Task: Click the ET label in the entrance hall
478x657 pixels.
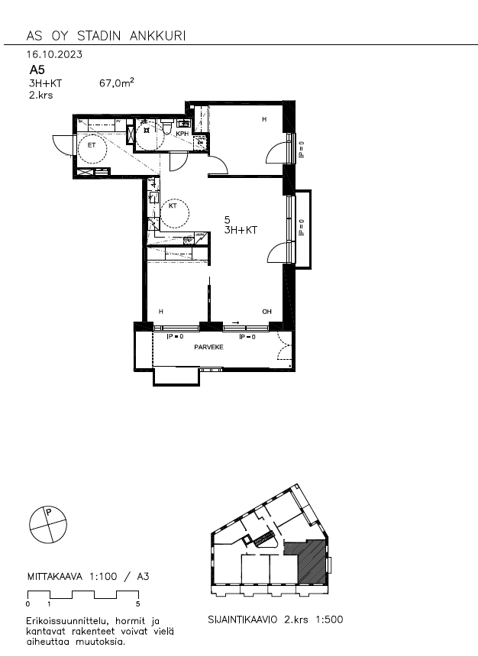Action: (x=92, y=144)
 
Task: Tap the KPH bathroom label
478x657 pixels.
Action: (x=182, y=134)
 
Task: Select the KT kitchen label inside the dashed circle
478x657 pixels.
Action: (x=173, y=206)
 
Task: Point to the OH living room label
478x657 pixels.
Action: (x=266, y=312)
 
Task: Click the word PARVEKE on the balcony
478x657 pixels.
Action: (x=208, y=346)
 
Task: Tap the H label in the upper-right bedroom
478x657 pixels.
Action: (x=265, y=120)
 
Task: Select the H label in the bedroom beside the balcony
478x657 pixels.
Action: (x=160, y=312)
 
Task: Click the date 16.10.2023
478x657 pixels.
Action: (x=54, y=54)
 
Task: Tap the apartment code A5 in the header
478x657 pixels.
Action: (x=37, y=70)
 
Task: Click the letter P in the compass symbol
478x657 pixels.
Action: (x=49, y=513)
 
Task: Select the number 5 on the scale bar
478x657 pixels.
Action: (x=137, y=604)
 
